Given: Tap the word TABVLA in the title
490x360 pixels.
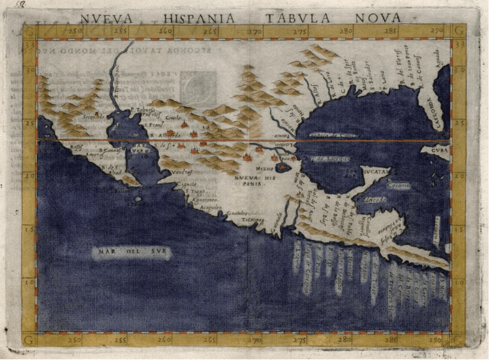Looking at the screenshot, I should [297, 18].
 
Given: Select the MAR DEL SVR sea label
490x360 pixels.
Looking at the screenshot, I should [131, 253].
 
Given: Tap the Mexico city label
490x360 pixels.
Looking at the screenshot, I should [265, 169].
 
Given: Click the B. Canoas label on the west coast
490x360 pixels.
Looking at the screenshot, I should [110, 151].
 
